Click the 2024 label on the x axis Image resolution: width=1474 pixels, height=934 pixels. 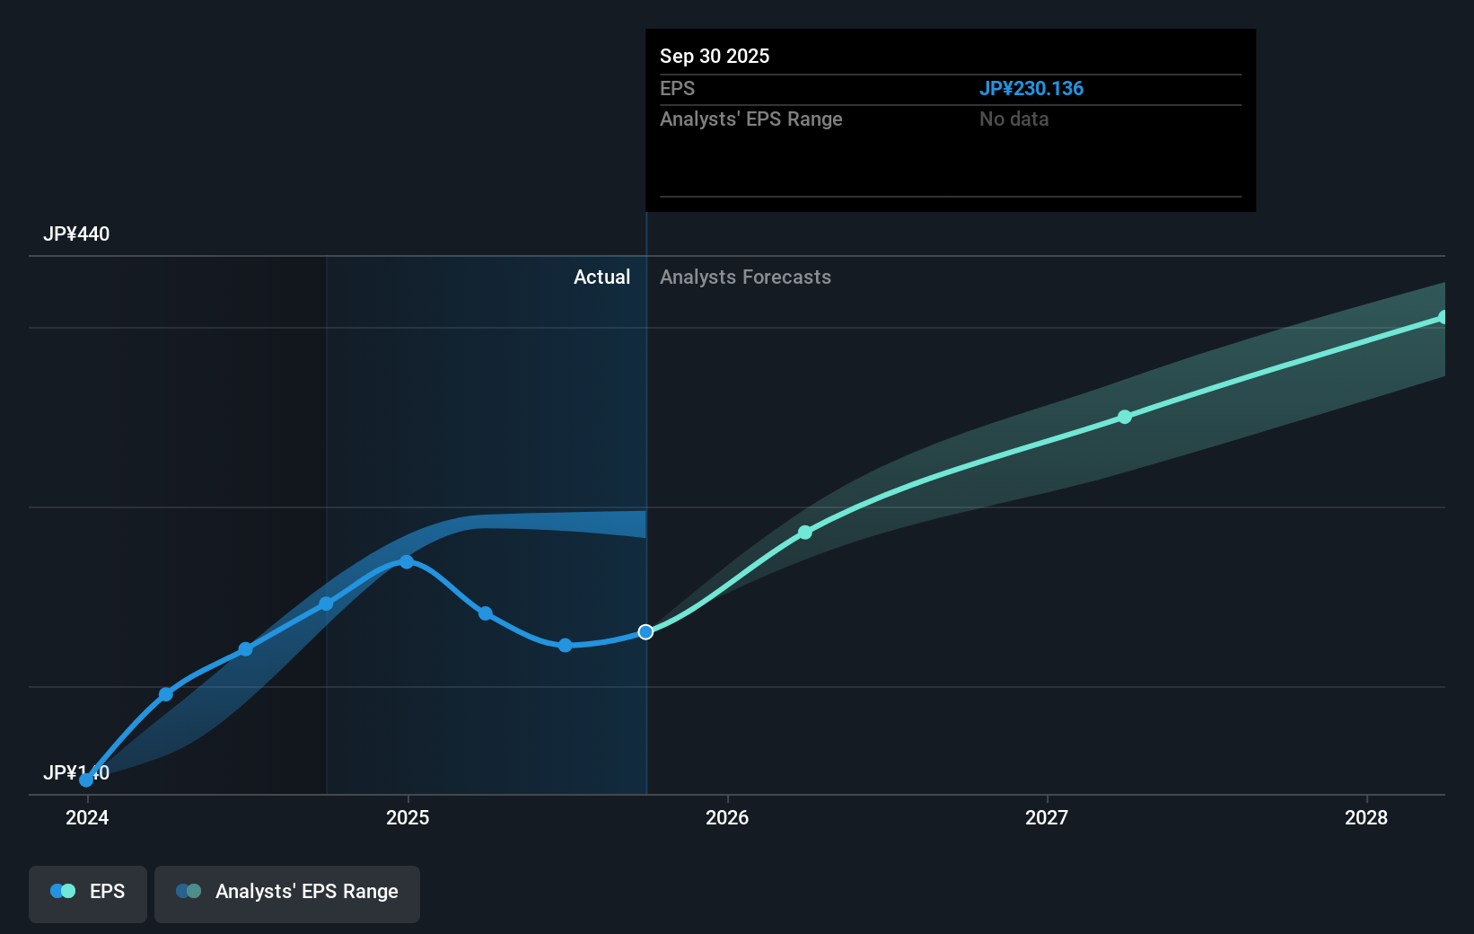pyautogui.click(x=87, y=817)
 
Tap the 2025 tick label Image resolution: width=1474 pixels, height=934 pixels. pyautogui.click(x=408, y=817)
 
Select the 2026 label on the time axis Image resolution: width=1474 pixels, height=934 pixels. pyautogui.click(x=727, y=817)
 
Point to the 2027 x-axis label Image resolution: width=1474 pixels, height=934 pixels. pyautogui.click(x=1047, y=817)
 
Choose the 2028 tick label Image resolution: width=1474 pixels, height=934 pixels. pyautogui.click(x=1366, y=817)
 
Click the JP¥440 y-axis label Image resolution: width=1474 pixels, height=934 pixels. pyautogui.click(x=76, y=234)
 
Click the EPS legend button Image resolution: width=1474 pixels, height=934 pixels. pyautogui.click(x=88, y=892)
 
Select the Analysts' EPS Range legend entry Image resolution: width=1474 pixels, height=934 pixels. pyautogui.click(x=287, y=892)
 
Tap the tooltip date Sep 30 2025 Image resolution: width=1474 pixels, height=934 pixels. pyautogui.click(x=715, y=57)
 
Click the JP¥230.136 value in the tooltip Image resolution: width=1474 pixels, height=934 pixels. pyautogui.click(x=1031, y=89)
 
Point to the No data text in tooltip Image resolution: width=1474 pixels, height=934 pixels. pyautogui.click(x=1013, y=119)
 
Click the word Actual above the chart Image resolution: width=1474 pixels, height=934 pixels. pyautogui.click(x=601, y=278)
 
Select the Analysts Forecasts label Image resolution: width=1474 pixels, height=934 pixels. pyautogui.click(x=745, y=278)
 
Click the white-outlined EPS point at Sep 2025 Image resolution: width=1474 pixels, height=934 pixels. pyautogui.click(x=645, y=632)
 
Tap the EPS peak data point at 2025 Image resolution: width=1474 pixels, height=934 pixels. pyautogui.click(x=407, y=562)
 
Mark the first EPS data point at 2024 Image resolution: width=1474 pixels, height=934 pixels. pyautogui.click(x=86, y=780)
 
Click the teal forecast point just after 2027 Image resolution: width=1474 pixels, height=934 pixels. pyautogui.click(x=1125, y=417)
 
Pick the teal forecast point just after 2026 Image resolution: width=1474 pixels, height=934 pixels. pyautogui.click(x=805, y=533)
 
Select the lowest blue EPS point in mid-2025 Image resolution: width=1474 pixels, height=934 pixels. pyautogui.click(x=565, y=645)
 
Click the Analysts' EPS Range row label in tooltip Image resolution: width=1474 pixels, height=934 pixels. pyautogui.click(x=750, y=119)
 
